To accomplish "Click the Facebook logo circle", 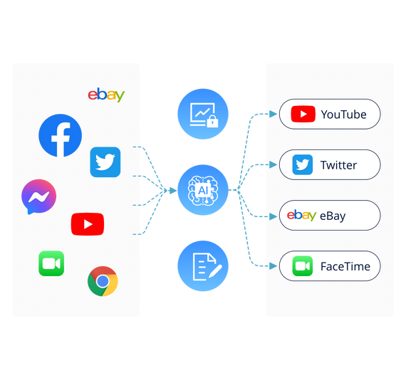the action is click(60, 135).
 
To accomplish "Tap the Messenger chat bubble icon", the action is click(39, 196).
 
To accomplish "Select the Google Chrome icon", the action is click(103, 281).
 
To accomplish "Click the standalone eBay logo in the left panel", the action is click(106, 95).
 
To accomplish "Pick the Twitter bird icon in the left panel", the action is click(105, 162).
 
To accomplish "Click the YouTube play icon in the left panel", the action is click(88, 224).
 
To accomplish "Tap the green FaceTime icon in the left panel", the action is click(51, 263).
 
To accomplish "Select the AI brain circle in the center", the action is click(203, 190).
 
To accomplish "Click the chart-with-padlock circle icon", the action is click(203, 114).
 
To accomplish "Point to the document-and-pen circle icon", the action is click(203, 266).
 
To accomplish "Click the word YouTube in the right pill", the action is click(343, 115).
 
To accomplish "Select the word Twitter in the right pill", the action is click(338, 165).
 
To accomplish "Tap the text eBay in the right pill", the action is click(333, 216).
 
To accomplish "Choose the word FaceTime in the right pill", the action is click(345, 266).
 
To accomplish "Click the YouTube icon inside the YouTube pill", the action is click(303, 114).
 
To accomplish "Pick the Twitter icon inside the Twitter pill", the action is click(303, 164).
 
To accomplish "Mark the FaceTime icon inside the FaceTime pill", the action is click(303, 266).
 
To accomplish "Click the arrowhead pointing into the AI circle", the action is click(173, 191).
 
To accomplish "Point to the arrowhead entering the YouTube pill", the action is click(274, 114).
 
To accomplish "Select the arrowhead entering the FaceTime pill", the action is click(274, 266).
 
